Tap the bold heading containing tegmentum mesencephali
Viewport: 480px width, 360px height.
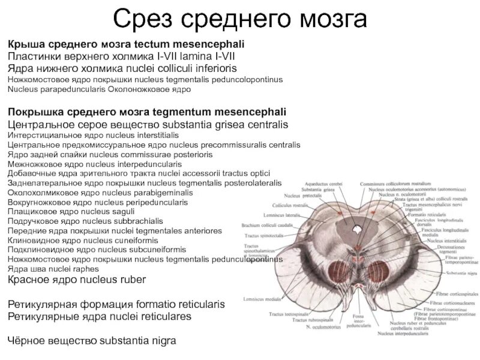146,112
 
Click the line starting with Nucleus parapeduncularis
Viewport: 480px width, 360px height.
99,89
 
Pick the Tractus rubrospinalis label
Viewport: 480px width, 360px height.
313,320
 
